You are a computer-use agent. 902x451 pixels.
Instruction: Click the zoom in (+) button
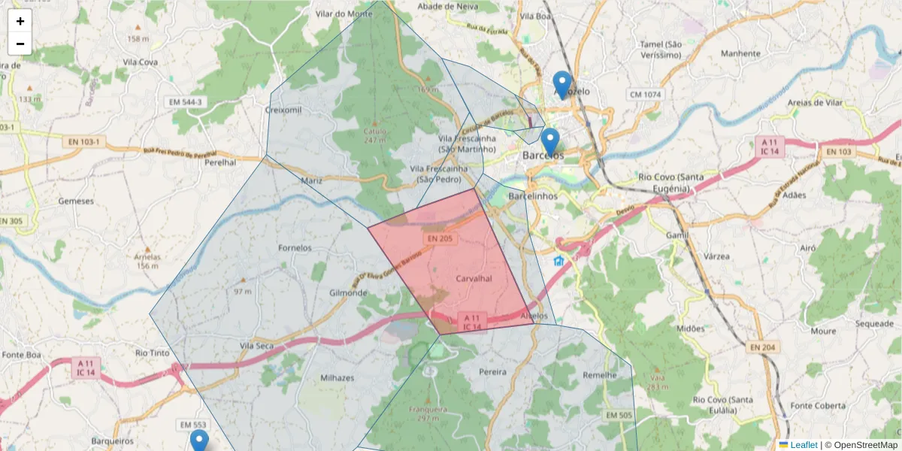click(20, 21)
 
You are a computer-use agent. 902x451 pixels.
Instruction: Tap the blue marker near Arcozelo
click(561, 83)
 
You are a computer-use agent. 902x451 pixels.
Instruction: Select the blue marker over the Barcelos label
click(550, 141)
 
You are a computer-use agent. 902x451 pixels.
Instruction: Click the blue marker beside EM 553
click(198, 440)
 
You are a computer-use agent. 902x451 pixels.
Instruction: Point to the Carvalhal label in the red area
click(474, 278)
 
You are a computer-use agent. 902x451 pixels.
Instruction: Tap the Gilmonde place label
click(348, 292)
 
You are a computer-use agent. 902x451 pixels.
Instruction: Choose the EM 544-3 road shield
click(185, 101)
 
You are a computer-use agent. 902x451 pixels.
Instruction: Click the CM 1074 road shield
click(646, 95)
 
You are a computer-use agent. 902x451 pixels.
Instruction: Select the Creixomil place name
click(283, 110)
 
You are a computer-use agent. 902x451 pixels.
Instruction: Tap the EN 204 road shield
click(764, 347)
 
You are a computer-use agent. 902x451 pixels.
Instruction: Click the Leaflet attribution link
click(804, 445)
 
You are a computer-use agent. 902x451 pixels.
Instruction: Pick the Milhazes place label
click(337, 377)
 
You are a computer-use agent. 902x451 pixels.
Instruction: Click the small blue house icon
click(558, 261)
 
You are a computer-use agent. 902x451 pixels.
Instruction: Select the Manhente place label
click(740, 53)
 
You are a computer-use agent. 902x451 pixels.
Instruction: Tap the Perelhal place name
click(215, 162)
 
